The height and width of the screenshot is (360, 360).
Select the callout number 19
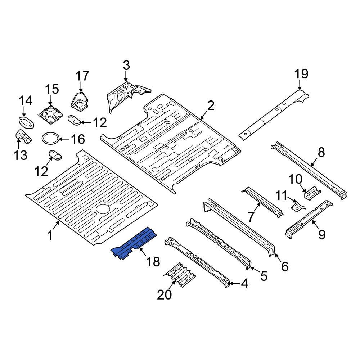tap(301, 74)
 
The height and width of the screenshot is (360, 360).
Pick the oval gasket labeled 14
tap(26, 122)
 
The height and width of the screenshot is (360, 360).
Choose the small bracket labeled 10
tap(312, 193)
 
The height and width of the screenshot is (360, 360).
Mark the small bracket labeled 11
tap(298, 207)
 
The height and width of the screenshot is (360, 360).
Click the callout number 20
tap(165, 294)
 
